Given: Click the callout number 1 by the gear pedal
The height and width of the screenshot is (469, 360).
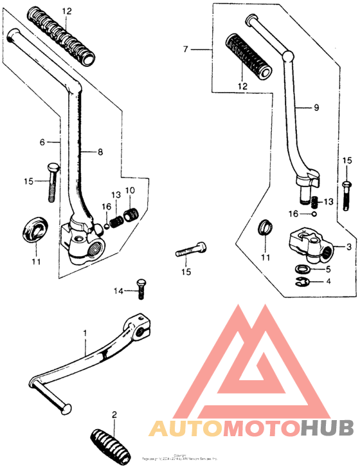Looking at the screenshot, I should (84, 333).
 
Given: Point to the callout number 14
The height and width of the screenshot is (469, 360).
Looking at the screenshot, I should (118, 291).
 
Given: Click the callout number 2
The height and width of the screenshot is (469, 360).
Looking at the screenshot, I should (114, 415).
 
